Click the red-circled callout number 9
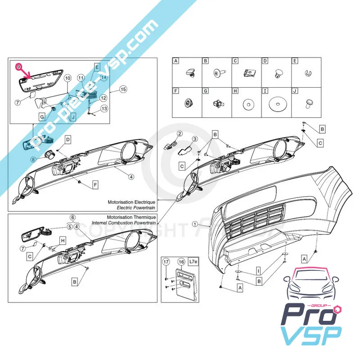(18, 66)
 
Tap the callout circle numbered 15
(123, 90)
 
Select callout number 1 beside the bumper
(194, 224)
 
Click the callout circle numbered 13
(104, 108)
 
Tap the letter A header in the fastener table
(176, 61)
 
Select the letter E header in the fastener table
(295, 61)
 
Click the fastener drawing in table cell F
(187, 103)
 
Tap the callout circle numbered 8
(33, 159)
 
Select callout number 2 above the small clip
(179, 134)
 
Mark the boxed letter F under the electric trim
(95, 184)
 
